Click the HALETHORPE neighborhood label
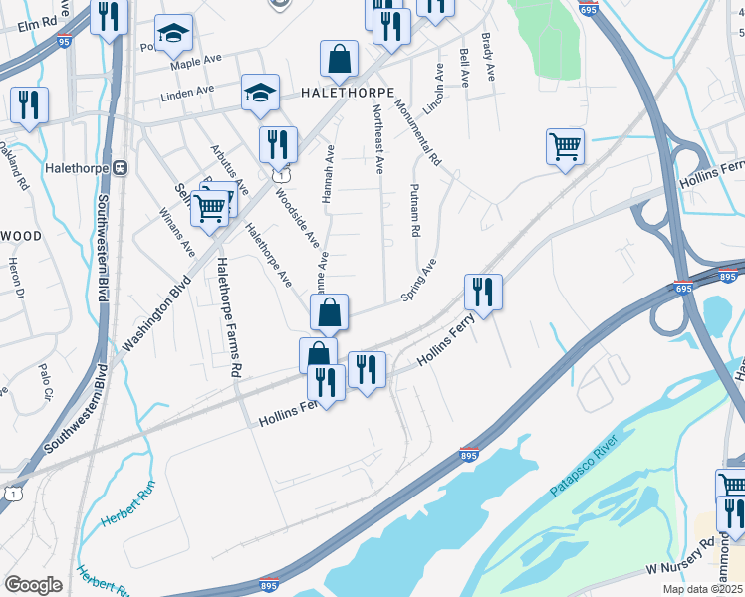coord(339,93)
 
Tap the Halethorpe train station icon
coord(122,168)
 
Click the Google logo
coord(33,585)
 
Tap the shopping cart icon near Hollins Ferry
coord(565,147)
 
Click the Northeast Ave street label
coord(378,145)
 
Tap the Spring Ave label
coord(418,281)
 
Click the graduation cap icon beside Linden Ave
coord(260,94)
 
